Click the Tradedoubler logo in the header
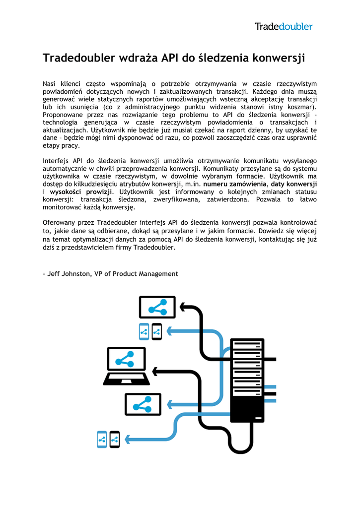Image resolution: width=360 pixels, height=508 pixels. pyautogui.click(x=284, y=26)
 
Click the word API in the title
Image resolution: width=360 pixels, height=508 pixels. pyautogui.click(x=170, y=58)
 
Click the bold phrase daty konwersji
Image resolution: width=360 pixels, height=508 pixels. pyautogui.click(x=294, y=184)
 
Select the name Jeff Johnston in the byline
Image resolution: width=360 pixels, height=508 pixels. pyautogui.click(x=69, y=274)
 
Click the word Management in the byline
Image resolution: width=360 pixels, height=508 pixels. pyautogui.click(x=158, y=274)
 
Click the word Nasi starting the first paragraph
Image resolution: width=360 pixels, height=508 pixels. pyautogui.click(x=51, y=84)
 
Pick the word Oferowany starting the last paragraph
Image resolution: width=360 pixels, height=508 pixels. pyautogui.click(x=60, y=223)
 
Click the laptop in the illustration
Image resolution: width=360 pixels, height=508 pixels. pyautogui.click(x=127, y=366)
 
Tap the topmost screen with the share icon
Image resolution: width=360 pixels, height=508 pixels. pyautogui.click(x=157, y=308)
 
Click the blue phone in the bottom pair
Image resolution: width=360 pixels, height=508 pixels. pyautogui.click(x=102, y=440)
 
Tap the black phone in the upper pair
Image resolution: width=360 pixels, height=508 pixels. pyautogui.click(x=157, y=332)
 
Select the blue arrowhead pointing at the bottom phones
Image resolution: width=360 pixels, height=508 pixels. pyautogui.click(x=128, y=440)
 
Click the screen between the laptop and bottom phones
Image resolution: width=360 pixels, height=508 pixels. pyautogui.click(x=143, y=405)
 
